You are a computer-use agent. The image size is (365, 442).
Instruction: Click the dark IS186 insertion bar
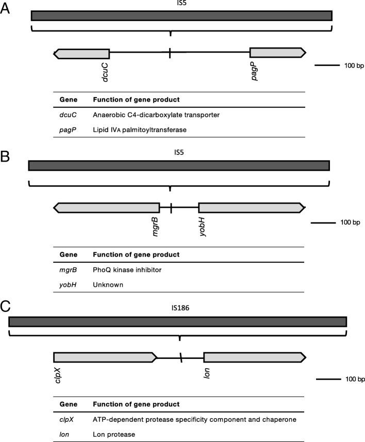click(x=178, y=321)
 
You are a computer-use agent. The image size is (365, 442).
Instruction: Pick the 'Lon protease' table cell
click(x=114, y=435)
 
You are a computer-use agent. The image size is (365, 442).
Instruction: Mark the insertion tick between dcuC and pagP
click(x=170, y=53)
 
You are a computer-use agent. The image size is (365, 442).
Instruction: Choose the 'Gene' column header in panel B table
click(x=69, y=255)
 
